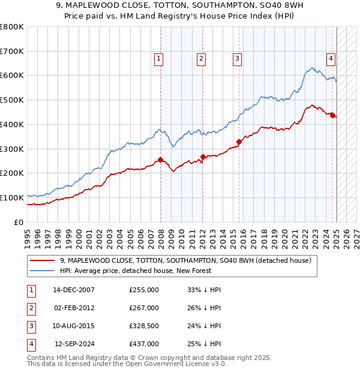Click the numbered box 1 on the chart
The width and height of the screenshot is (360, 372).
(x=158, y=58)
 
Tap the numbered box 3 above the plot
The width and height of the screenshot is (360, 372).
(x=238, y=58)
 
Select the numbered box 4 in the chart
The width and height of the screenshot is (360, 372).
(x=331, y=58)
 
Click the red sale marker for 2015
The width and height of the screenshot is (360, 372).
(x=239, y=142)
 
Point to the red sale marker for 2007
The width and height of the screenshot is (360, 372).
(x=160, y=160)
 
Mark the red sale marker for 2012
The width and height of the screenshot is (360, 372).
(x=203, y=157)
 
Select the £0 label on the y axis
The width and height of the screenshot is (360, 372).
(x=19, y=222)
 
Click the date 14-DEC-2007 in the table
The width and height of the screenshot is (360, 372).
(x=74, y=290)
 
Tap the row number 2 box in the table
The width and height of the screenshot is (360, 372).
(x=31, y=308)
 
